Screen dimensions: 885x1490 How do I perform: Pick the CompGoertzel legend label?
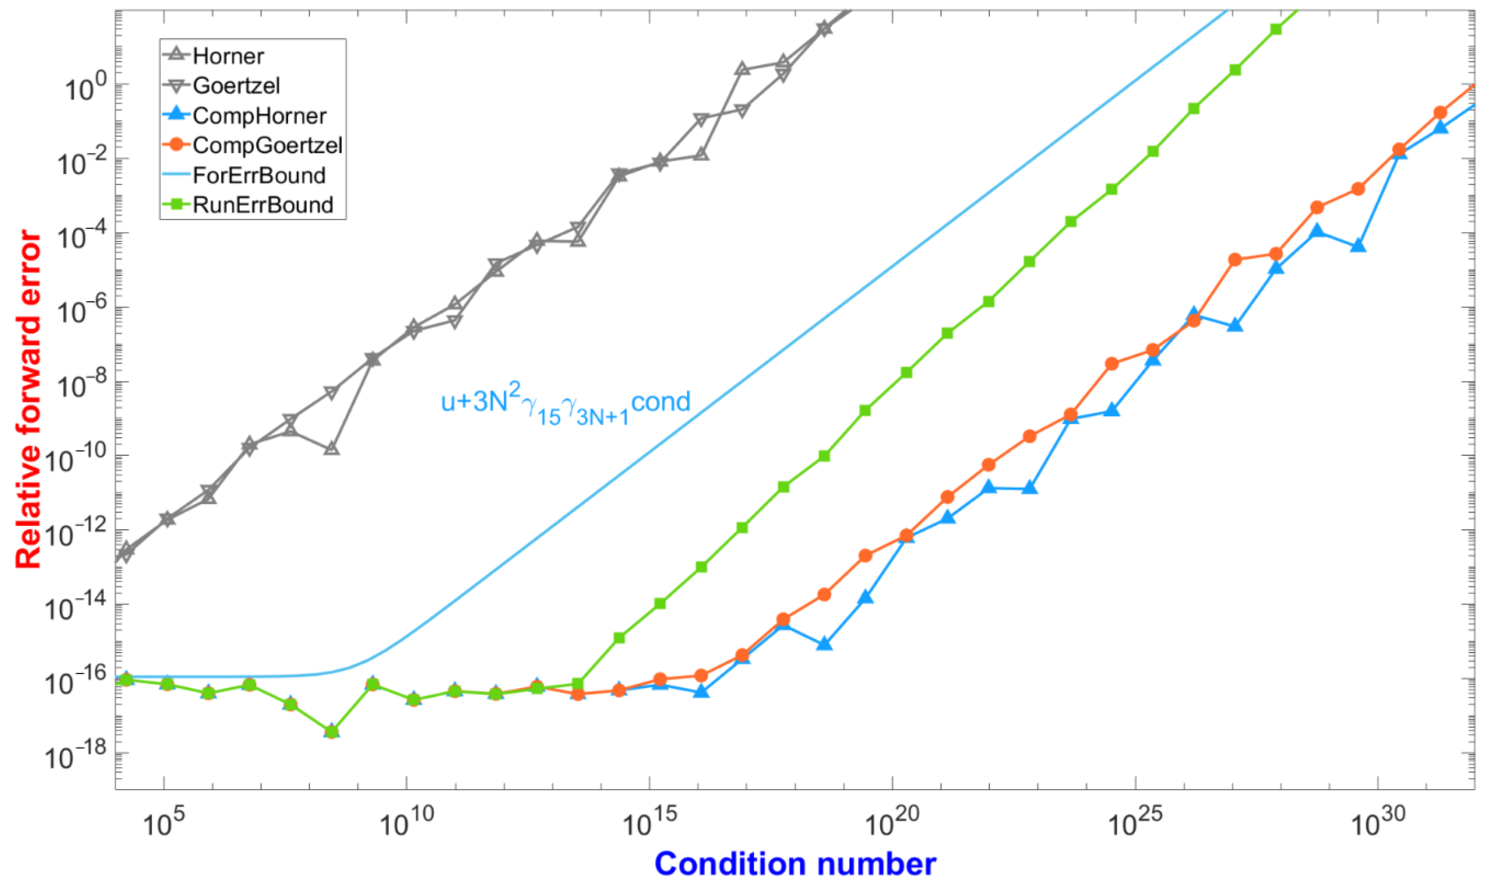tap(267, 146)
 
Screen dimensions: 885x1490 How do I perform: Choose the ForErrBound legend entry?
tap(259, 175)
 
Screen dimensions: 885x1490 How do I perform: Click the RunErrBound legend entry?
tap(262, 205)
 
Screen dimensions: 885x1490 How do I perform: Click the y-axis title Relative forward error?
tap(28, 399)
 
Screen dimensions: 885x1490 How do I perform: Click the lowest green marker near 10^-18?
tap(332, 731)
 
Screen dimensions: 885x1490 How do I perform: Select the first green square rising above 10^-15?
tap(619, 638)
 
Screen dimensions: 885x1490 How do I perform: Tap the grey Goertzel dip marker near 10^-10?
tap(332, 448)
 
